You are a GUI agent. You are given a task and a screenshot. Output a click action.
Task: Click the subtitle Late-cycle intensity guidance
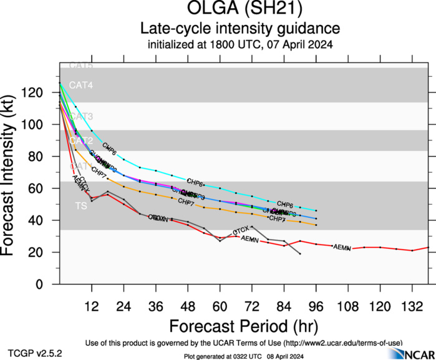(x=240, y=29)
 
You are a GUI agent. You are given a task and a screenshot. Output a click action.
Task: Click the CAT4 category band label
(x=81, y=85)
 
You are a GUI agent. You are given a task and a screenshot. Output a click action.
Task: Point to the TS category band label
(x=81, y=205)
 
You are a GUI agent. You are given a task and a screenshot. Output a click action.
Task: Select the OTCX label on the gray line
(x=241, y=231)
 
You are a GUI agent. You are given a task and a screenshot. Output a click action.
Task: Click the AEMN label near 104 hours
(x=342, y=248)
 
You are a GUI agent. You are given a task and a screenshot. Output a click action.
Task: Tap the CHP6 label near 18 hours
(x=109, y=150)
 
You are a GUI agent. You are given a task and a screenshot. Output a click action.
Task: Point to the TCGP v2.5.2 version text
(x=35, y=353)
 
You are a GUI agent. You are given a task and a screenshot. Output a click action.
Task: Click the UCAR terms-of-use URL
(x=342, y=343)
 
